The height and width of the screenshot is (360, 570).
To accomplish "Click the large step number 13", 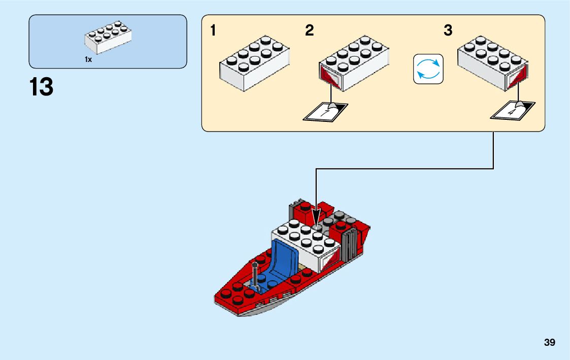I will point(41,87).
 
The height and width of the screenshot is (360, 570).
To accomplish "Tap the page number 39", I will point(549,343).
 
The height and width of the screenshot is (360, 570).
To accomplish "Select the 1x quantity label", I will point(88,59).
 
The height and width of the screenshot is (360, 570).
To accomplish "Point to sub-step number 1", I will point(213,31).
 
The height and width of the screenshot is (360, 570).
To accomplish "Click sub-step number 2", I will point(310,31).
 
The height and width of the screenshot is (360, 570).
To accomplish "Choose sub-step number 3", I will point(448,31).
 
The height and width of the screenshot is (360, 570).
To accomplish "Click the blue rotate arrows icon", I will point(428,69).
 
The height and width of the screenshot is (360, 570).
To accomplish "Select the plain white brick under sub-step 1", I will point(254,63).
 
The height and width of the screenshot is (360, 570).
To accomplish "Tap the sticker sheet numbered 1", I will point(325,111).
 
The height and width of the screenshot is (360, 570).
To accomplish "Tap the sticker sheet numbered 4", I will point(513,110).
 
